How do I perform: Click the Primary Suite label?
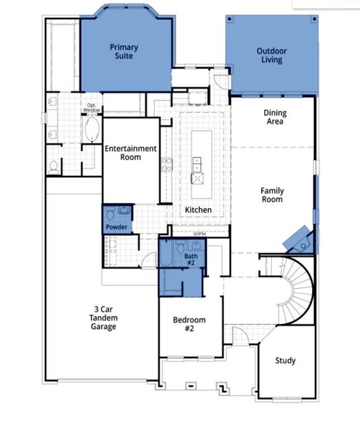(x=124, y=52)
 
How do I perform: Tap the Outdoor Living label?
(x=271, y=56)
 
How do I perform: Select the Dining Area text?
(x=273, y=117)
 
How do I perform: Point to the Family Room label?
(x=272, y=195)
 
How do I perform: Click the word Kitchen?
(x=198, y=209)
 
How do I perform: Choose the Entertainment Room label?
(x=130, y=153)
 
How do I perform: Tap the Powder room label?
(x=116, y=227)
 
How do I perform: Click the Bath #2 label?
(x=190, y=259)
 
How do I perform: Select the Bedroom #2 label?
(x=190, y=325)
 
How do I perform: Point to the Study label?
(x=286, y=361)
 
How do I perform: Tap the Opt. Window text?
(x=92, y=109)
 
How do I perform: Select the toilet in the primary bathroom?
(x=54, y=166)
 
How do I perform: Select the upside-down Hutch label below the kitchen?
(x=200, y=233)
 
